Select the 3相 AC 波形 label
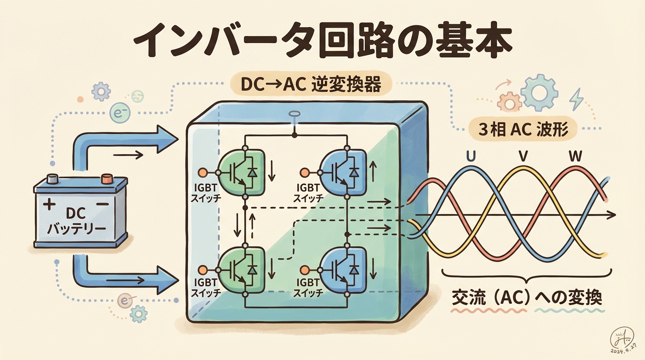[x=523, y=130]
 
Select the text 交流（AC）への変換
[x=527, y=298]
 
